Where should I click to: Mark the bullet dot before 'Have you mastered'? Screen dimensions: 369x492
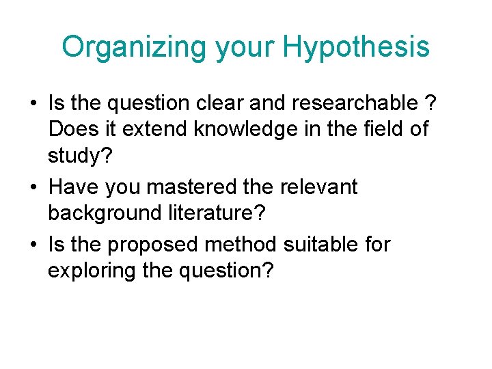pos(33,187)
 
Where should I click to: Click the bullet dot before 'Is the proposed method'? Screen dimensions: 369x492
pos(33,244)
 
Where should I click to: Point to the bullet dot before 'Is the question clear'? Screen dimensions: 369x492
pos(33,104)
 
